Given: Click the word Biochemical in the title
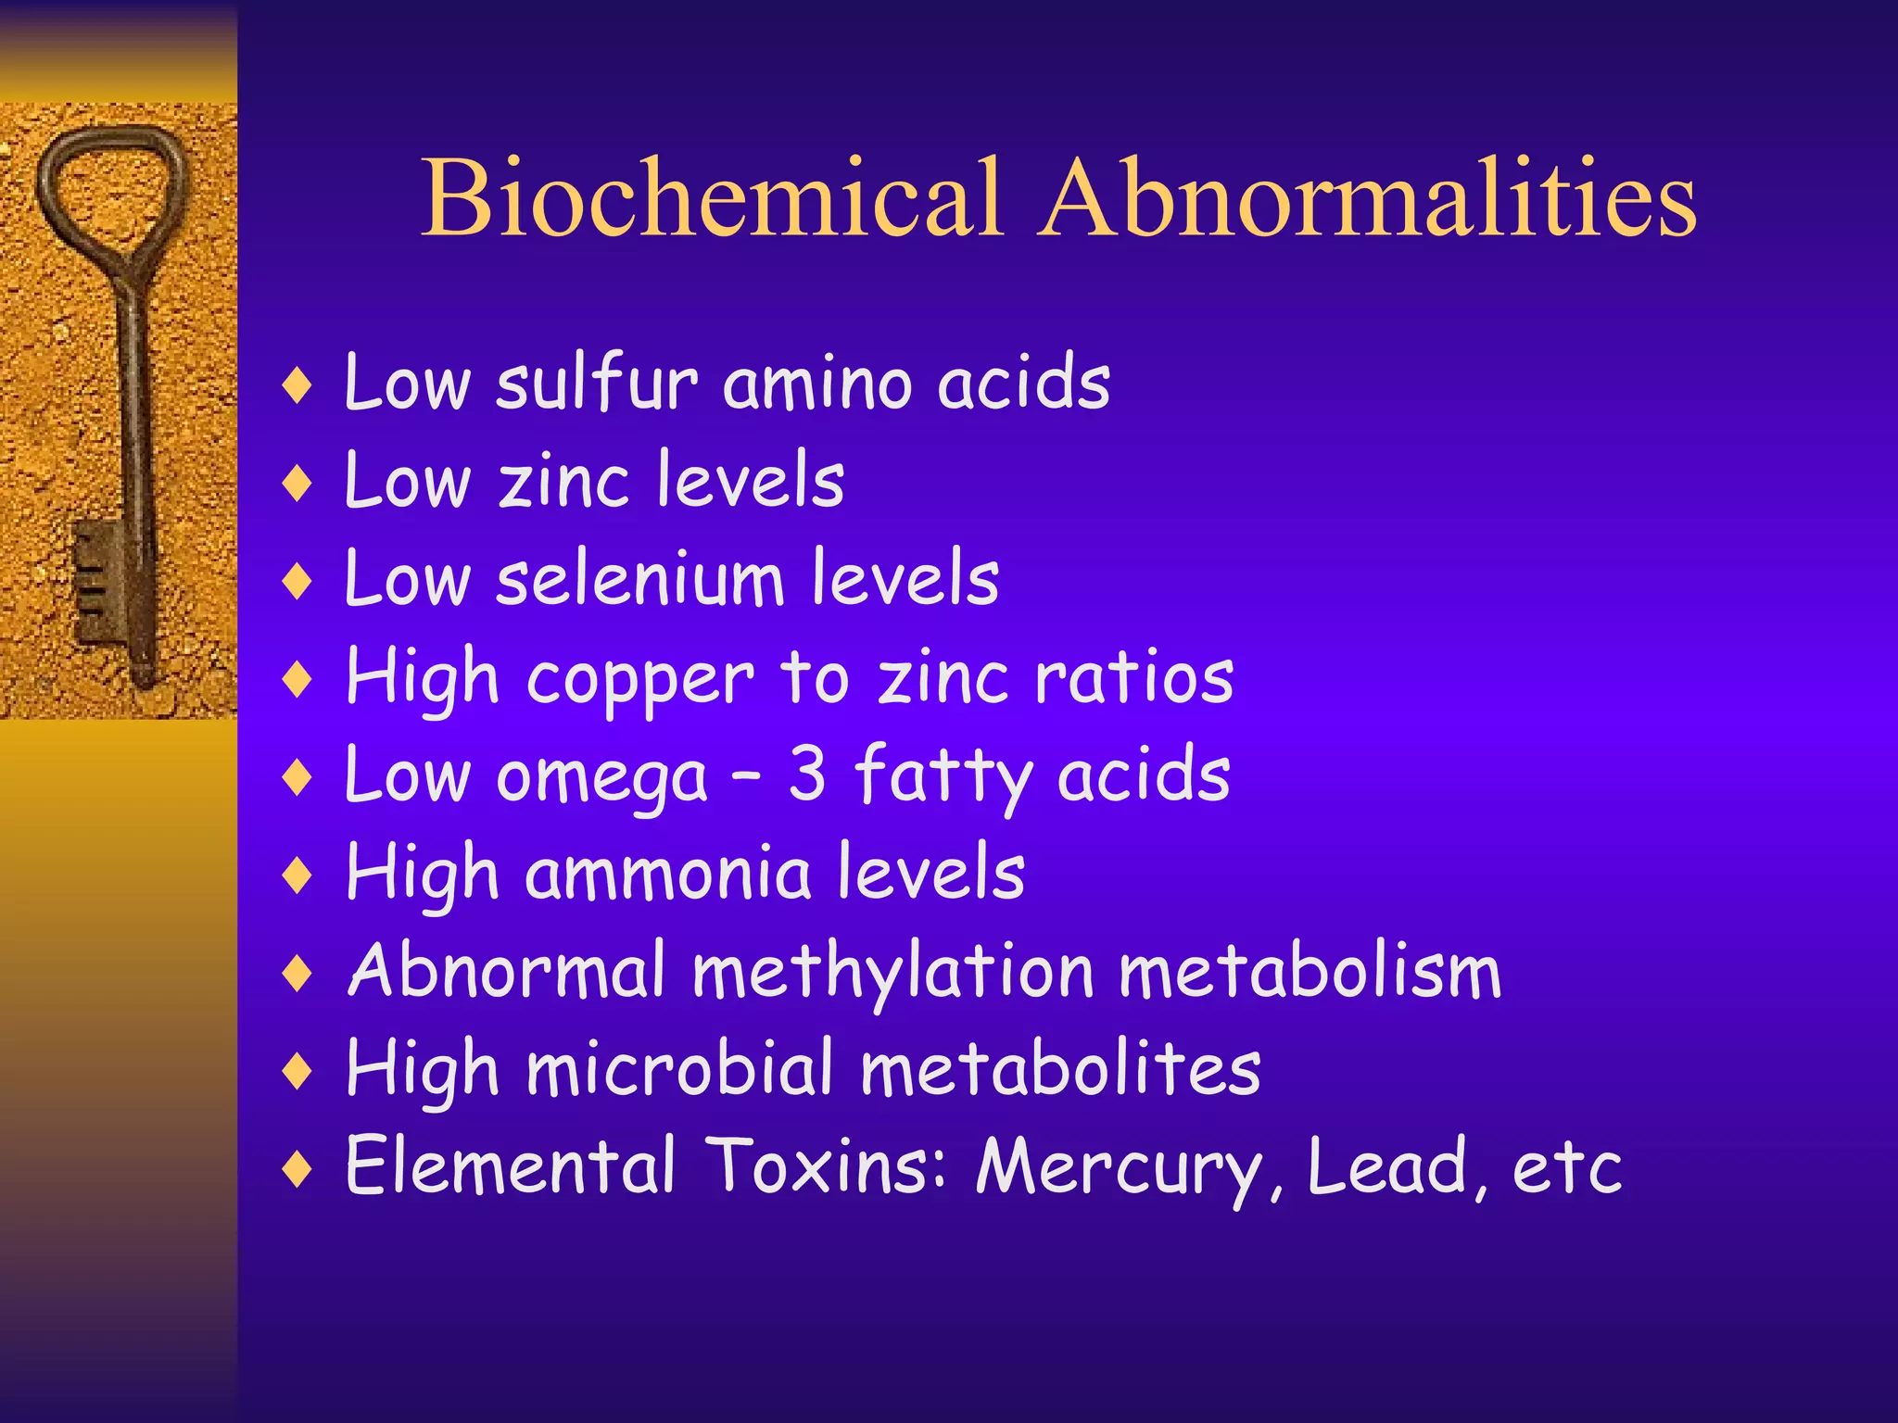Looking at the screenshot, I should pos(712,198).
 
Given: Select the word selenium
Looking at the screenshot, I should pos(639,579).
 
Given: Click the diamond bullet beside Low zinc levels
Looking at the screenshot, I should pos(297,483).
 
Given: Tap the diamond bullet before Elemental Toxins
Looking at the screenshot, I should pos(297,1168).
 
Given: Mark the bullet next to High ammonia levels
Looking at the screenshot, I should pos(297,875).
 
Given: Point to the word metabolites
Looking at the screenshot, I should pos(1060,1070).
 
